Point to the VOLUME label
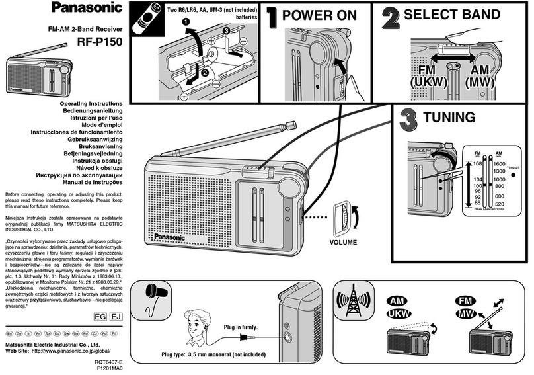(342, 242)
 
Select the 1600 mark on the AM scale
(498, 163)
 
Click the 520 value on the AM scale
(499, 204)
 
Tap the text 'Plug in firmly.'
(241, 327)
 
